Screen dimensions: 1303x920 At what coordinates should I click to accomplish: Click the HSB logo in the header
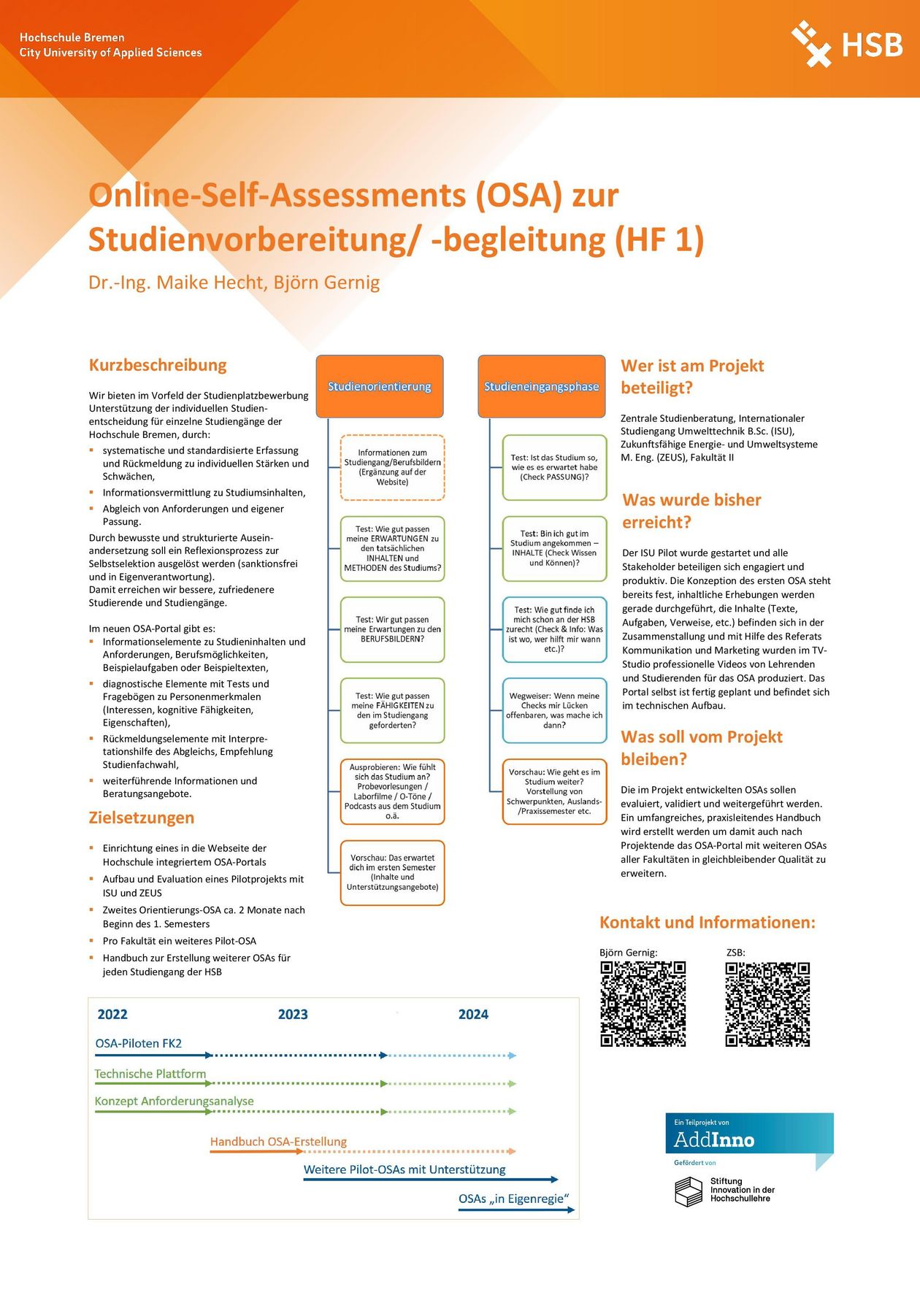pyautogui.click(x=847, y=45)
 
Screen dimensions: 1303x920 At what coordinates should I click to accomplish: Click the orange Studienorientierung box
pyautogui.click(x=380, y=386)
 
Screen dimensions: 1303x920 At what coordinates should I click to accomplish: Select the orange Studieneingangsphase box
pyautogui.click(x=541, y=386)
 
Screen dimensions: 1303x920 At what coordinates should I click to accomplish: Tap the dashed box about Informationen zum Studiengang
pyautogui.click(x=392, y=468)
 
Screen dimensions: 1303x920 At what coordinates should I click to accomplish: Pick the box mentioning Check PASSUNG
pyautogui.click(x=554, y=468)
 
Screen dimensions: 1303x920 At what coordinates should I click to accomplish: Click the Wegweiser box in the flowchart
pyautogui.click(x=554, y=711)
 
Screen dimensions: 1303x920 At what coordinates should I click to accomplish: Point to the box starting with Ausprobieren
pyautogui.click(x=392, y=791)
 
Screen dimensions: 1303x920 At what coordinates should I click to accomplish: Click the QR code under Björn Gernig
pyautogui.click(x=643, y=1004)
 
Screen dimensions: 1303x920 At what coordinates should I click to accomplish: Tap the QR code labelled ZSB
pyautogui.click(x=767, y=1004)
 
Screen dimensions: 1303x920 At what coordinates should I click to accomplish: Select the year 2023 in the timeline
pyautogui.click(x=293, y=1014)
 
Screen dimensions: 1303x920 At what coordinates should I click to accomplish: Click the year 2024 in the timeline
pyautogui.click(x=473, y=1014)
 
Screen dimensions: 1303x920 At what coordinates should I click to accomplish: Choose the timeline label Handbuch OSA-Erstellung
pyautogui.click(x=278, y=1142)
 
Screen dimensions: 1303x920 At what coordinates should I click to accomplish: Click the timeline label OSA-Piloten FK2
pyautogui.click(x=138, y=1043)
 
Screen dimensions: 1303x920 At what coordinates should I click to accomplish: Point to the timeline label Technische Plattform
pyautogui.click(x=150, y=1074)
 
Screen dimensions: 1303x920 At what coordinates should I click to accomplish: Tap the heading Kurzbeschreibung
pyautogui.click(x=158, y=365)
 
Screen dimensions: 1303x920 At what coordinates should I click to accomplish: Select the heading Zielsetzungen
pyautogui.click(x=142, y=818)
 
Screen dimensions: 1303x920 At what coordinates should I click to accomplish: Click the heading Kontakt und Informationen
pyautogui.click(x=707, y=923)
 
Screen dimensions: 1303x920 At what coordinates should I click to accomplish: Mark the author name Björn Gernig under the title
pyautogui.click(x=326, y=282)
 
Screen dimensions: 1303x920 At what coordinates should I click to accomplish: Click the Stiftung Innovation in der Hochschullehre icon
pyautogui.click(x=688, y=1191)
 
